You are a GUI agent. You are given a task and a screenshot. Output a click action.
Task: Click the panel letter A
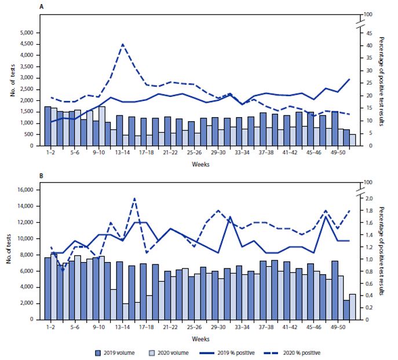pos(40,6)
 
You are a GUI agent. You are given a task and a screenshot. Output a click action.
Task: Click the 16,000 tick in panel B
pos(25,190)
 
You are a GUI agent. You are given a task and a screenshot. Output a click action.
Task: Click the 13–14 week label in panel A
pos(122,153)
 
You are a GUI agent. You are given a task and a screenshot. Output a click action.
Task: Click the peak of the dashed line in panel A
pos(122,44)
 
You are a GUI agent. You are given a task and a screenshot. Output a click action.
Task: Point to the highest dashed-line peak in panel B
pos(134,198)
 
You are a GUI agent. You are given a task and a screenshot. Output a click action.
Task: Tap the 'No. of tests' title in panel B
pos(8,254)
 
